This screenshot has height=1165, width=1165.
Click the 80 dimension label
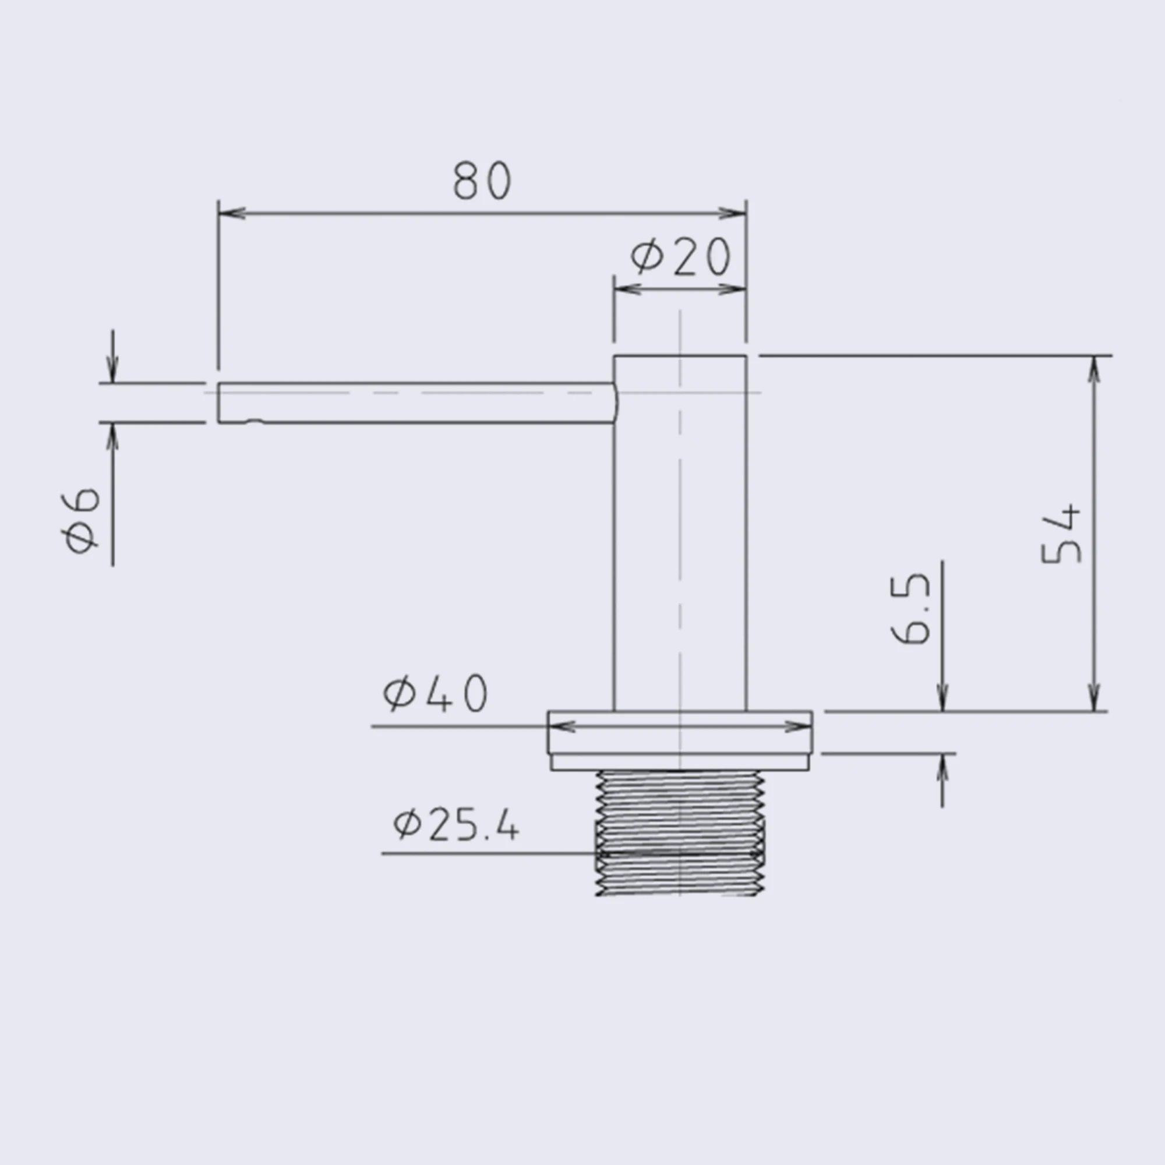(482, 181)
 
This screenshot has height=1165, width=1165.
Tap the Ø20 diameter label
(680, 256)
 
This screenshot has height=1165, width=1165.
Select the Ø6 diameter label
(80, 520)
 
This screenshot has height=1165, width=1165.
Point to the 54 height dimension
(1061, 534)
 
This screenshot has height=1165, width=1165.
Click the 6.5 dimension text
(910, 609)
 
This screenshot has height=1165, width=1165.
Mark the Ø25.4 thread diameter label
(456, 825)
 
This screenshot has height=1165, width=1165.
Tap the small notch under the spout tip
(255, 422)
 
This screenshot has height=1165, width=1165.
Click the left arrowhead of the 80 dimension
(232, 213)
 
